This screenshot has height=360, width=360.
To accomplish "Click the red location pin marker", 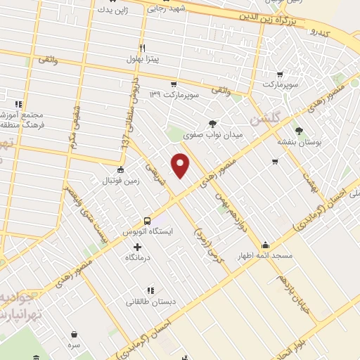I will (181, 165).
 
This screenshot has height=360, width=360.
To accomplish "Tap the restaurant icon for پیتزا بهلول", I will (143, 48).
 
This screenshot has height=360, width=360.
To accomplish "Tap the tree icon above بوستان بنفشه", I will (300, 131).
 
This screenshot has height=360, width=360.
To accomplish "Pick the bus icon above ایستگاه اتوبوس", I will (147, 219).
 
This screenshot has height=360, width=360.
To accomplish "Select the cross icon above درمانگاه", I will (136, 247).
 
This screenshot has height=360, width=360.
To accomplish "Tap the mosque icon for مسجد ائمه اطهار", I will (265, 245).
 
